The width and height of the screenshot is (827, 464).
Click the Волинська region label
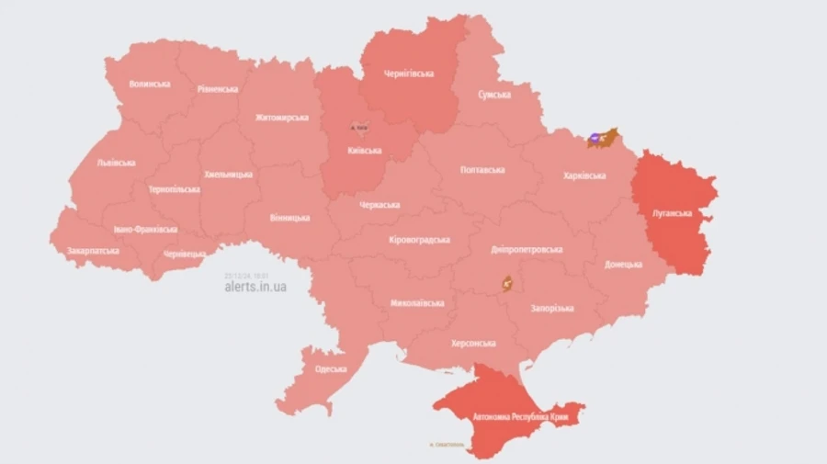[150, 85]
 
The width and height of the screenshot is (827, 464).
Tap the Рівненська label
[218, 89]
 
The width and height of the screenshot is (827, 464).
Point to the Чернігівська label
[409, 74]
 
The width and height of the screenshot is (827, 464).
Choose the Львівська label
[116, 163]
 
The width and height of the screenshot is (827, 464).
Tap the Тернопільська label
[174, 189]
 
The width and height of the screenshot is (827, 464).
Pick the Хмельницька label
[228, 174]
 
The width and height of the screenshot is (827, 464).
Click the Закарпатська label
[93, 250]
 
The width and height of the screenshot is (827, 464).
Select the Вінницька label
[289, 219]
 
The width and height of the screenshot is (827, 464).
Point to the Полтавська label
[481, 170]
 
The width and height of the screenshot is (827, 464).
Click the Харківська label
[584, 175]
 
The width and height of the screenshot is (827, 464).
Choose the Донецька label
[623, 265]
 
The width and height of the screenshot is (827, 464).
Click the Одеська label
[330, 368]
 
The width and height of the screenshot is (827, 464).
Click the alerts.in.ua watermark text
[255, 287]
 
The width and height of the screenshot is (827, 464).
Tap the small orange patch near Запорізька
[505, 284]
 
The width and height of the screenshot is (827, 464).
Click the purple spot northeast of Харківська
[595, 138]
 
